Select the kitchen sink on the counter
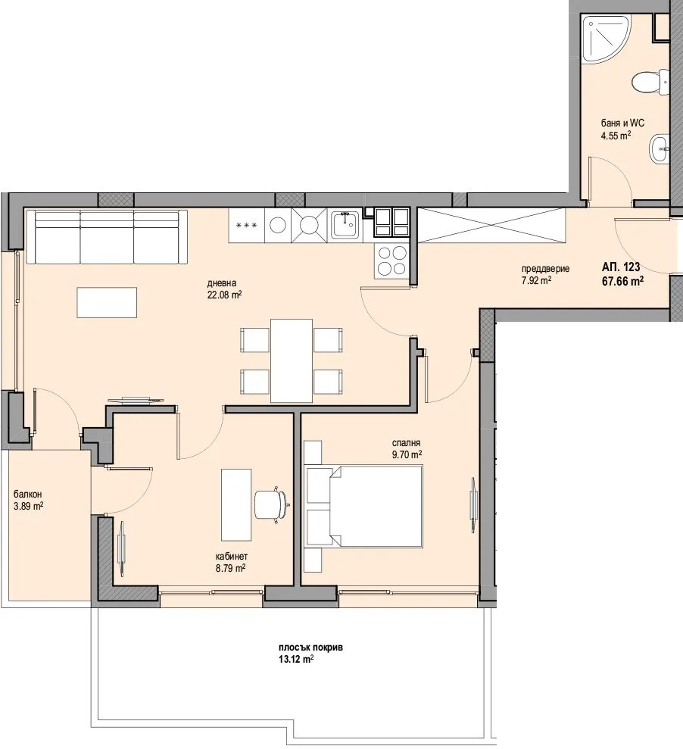click(x=345, y=224)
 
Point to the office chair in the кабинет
click(x=272, y=504)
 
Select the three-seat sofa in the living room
click(x=107, y=237)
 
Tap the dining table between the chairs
click(x=292, y=360)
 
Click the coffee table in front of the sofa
click(x=108, y=302)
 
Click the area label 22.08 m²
click(x=224, y=295)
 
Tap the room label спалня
click(x=406, y=444)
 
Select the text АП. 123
click(x=622, y=267)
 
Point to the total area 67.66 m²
click(x=622, y=280)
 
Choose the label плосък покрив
click(x=304, y=648)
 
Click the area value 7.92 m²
click(x=536, y=280)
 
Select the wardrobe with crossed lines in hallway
click(x=491, y=226)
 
